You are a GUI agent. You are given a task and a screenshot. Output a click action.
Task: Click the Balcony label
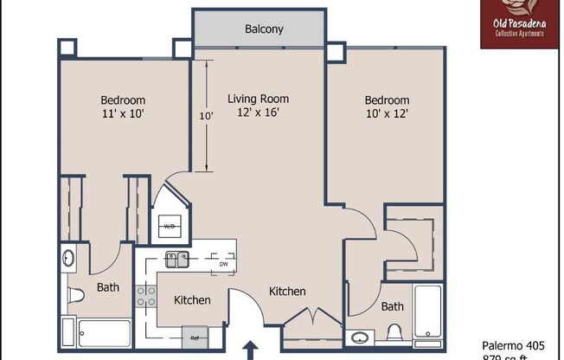(x=264, y=29)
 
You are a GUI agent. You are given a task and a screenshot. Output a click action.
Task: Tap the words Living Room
(x=258, y=99)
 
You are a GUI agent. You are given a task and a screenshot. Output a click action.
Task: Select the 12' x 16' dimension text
(x=258, y=112)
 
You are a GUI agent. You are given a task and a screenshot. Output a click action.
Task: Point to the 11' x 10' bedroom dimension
(x=124, y=113)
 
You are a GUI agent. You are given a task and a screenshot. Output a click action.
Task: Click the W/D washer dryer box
(x=170, y=227)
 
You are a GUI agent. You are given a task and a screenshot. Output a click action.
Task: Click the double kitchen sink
(x=178, y=257)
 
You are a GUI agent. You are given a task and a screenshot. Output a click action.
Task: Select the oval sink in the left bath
(x=68, y=258)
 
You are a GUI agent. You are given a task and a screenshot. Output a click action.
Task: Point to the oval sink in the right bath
(x=360, y=337)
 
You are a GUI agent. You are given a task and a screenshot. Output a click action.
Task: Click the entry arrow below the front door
(x=252, y=350)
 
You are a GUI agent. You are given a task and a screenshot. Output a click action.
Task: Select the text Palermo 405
(x=514, y=344)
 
